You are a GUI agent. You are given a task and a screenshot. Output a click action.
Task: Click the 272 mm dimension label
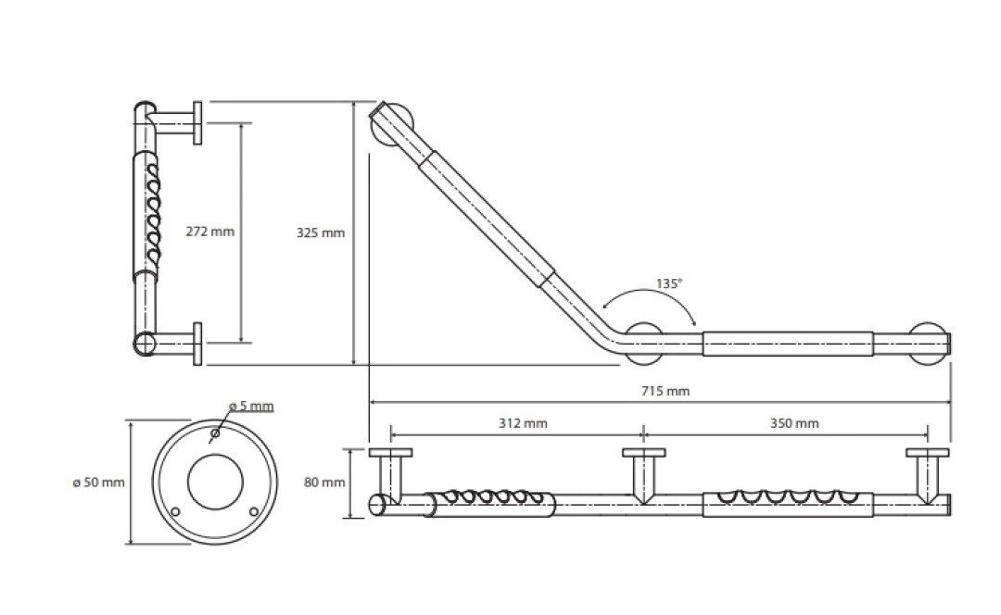pos(210,232)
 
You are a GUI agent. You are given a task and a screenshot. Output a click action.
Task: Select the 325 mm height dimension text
pos(321,232)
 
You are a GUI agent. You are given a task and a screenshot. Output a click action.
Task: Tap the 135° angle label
pos(669,283)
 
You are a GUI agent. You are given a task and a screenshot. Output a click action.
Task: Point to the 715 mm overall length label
pos(665,391)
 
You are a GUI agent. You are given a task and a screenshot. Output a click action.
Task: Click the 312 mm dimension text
pos(523,423)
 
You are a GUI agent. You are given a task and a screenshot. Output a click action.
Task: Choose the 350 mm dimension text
pos(794,423)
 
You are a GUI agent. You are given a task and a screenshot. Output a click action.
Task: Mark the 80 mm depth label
pos(324,483)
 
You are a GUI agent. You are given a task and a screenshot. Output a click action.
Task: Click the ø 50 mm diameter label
pos(99,483)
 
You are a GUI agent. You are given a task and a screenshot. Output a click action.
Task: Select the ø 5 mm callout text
pos(251,406)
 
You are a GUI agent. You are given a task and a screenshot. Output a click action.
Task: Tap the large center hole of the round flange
pos(215,483)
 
